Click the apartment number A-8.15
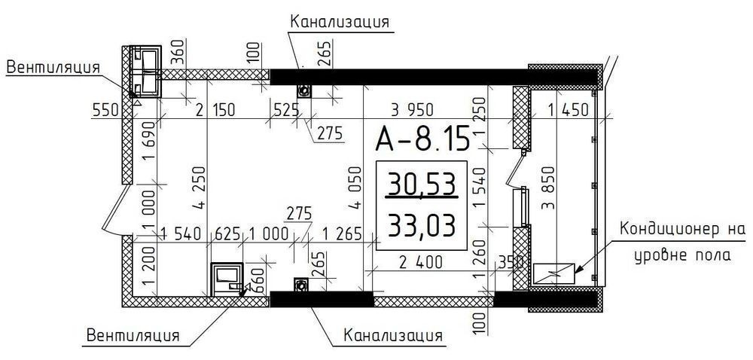click(x=422, y=139)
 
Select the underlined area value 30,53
click(x=422, y=184)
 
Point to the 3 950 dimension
click(x=412, y=110)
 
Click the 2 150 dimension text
click(x=215, y=111)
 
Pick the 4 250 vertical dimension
click(x=200, y=188)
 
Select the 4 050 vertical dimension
click(x=355, y=188)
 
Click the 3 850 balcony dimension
click(x=548, y=188)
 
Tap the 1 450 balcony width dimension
click(x=569, y=111)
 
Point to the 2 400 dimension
click(x=420, y=263)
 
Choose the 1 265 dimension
click(x=342, y=234)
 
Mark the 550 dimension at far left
click(x=105, y=111)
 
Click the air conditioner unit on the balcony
click(x=554, y=273)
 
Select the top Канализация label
click(x=339, y=22)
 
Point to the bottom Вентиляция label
click(x=133, y=334)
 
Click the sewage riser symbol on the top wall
click(x=304, y=90)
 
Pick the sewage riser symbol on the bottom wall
click(x=301, y=284)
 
